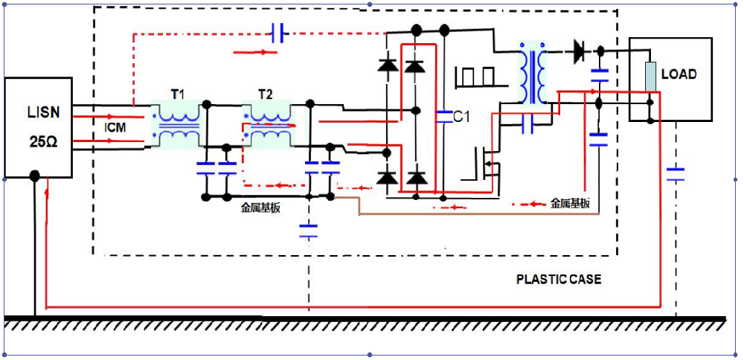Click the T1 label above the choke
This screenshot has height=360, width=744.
[177, 94]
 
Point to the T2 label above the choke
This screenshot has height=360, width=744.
[265, 94]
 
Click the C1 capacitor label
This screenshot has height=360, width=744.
[462, 117]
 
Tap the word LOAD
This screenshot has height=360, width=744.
[679, 74]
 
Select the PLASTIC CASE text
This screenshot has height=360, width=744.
[559, 280]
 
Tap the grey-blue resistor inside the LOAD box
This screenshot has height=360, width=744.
[650, 76]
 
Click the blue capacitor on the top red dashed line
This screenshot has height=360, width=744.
[278, 33]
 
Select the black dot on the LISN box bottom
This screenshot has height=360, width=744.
[34, 176]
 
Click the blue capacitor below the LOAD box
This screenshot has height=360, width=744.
[676, 174]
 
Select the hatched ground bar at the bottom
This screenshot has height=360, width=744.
[365, 323]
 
